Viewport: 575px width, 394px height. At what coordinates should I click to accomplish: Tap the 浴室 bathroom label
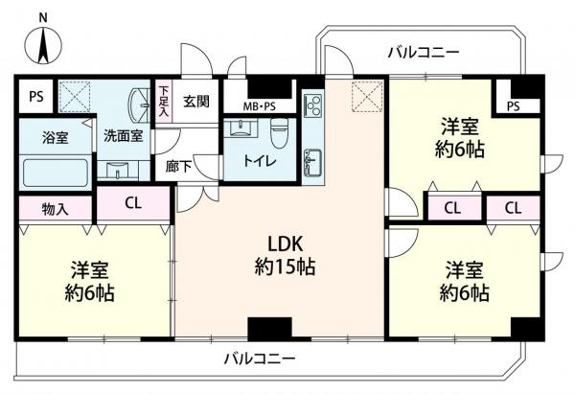(x=55, y=136)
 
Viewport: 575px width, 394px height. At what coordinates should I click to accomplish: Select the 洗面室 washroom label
(x=123, y=136)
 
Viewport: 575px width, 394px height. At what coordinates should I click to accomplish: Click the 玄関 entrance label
(x=196, y=101)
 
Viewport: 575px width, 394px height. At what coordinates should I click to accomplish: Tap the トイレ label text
(x=260, y=161)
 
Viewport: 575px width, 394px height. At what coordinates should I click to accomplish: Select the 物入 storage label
(x=55, y=207)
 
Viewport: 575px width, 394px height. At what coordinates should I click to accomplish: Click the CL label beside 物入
(x=133, y=202)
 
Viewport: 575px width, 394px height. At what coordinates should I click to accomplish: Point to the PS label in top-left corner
(x=35, y=96)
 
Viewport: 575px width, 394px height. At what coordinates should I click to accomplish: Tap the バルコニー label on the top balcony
(x=424, y=52)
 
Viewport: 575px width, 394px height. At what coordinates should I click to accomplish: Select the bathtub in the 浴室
(x=55, y=174)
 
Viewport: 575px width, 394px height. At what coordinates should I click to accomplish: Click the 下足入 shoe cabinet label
(x=163, y=100)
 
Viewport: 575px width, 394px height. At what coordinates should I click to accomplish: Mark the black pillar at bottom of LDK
(x=262, y=328)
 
